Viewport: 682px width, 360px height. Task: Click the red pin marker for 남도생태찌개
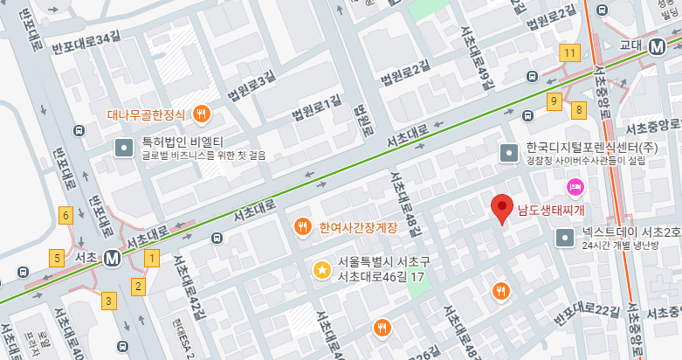pos(501,208)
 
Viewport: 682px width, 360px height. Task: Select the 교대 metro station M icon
pos(660,48)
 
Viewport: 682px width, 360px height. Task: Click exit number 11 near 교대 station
pos(570,53)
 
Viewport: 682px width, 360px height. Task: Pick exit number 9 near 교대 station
pos(554,101)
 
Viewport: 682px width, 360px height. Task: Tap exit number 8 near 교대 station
pos(578,109)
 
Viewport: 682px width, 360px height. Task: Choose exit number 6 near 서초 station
pos(65,215)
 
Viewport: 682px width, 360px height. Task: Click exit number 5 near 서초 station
pos(57,258)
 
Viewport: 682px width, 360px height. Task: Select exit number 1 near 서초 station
pos(152,258)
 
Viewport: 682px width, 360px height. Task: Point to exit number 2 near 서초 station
pos(138,285)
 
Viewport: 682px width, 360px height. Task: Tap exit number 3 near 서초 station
pos(108,301)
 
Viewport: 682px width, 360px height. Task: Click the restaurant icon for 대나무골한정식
pos(202,114)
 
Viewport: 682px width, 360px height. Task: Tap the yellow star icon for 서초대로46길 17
pos(322,270)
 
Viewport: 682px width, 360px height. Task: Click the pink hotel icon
pos(575,185)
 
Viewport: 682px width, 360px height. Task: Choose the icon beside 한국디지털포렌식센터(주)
pos(508,153)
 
